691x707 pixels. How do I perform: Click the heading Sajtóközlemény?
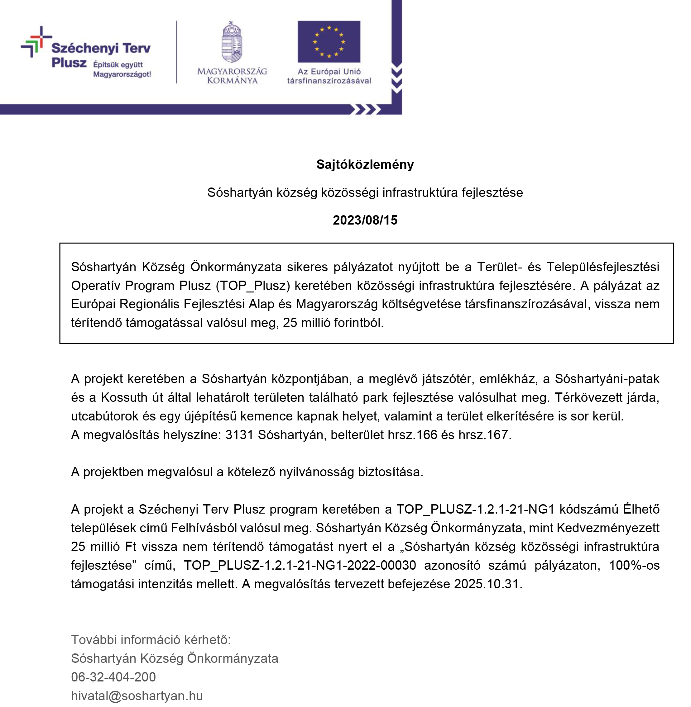[x=365, y=165]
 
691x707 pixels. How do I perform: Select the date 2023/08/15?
[x=365, y=220]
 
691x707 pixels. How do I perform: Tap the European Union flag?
[x=329, y=42]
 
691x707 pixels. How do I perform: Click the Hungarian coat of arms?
[x=232, y=42]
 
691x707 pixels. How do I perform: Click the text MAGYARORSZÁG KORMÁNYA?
[x=232, y=76]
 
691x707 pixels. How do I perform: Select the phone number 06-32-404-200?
[x=113, y=677]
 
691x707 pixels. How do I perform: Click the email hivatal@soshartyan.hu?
[x=137, y=696]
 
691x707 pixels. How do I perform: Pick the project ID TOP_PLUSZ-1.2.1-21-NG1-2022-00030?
[x=300, y=565]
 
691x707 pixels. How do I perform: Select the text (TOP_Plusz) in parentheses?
[x=253, y=285]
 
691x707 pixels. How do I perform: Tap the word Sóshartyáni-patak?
[x=607, y=378]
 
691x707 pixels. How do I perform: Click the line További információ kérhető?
[x=151, y=639]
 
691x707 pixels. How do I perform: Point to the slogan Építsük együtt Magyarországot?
[x=122, y=69]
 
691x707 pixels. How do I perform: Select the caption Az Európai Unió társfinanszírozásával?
[x=329, y=76]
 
